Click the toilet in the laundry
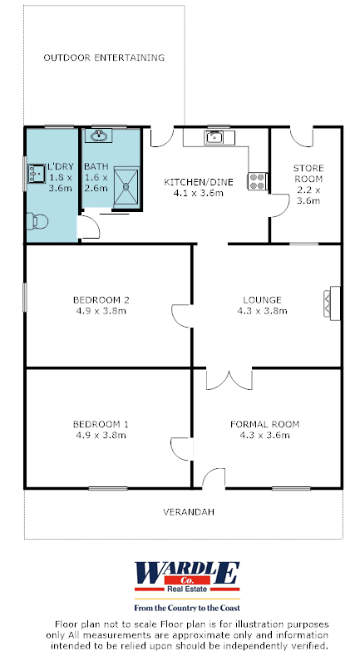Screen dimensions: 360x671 tap(37, 222)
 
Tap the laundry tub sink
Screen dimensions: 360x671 tap(37, 174)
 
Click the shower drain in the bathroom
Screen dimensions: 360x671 tap(126, 186)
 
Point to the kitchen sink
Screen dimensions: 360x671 tap(213, 137)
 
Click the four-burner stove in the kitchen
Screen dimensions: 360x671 tap(258, 181)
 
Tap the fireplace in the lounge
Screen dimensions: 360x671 tap(332, 303)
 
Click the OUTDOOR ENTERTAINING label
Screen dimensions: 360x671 tap(104, 57)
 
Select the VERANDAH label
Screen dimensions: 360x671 tap(189, 511)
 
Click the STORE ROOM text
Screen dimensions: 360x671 tap(308, 173)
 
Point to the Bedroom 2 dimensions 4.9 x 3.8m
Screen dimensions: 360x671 tap(101, 311)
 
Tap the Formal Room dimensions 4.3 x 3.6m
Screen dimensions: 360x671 tap(264, 435)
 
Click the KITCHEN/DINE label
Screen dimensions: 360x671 tap(199, 182)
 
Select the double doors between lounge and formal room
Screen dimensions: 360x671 tap(229, 379)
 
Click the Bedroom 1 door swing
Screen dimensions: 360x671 tap(181, 449)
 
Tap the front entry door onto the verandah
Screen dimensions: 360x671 tap(214, 478)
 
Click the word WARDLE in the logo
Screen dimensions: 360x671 tap(187, 573)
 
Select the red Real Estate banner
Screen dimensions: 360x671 tap(187, 589)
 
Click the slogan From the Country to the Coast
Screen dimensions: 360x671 tap(187, 608)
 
